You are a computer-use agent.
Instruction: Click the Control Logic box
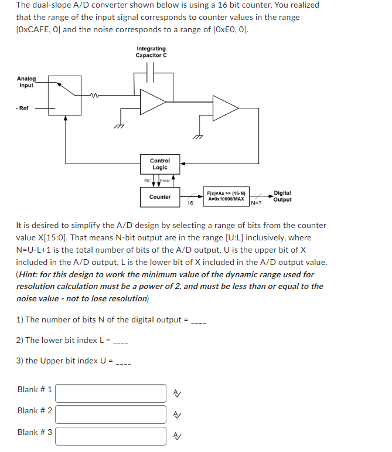(160, 164)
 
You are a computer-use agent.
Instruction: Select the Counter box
(160, 197)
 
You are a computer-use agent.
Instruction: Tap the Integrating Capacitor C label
(151, 52)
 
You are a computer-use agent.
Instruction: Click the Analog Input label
(26, 81)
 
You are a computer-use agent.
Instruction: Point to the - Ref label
(22, 108)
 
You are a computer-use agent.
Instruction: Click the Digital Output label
(282, 196)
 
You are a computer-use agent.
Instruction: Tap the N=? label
(257, 203)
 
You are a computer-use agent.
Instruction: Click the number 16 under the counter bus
(190, 203)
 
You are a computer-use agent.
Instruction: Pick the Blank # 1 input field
(111, 393)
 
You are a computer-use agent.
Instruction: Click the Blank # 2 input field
(111, 414)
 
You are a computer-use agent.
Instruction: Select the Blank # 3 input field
(111, 436)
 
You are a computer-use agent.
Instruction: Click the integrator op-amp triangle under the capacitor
(154, 103)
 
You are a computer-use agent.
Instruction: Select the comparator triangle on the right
(224, 108)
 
